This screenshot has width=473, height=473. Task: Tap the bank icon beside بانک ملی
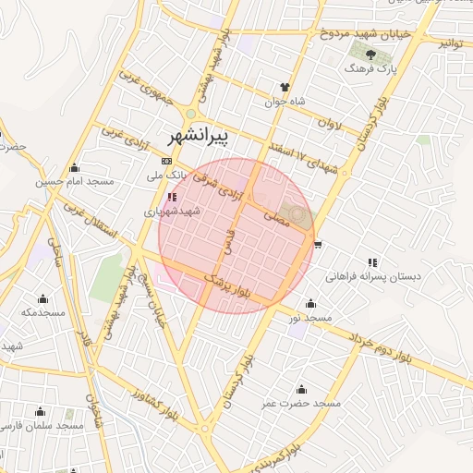165,161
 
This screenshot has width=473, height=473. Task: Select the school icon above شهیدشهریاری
171,197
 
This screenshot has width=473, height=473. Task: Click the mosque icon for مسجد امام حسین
74,168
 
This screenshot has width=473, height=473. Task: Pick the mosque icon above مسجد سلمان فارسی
40,411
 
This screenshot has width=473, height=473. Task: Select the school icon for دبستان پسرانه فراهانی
372,262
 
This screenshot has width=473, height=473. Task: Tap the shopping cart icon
318,244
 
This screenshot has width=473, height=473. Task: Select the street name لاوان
329,121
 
